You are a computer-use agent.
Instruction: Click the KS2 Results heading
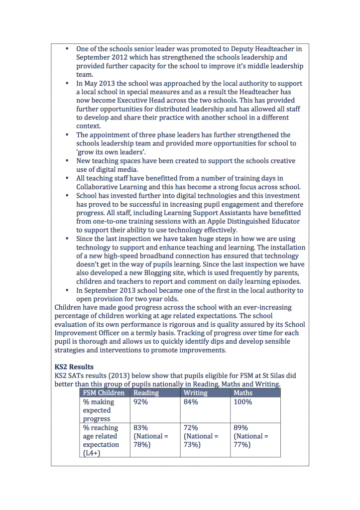coord(74,367)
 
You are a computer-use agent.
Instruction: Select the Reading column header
coord(146,393)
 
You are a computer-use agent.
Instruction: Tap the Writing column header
coord(196,393)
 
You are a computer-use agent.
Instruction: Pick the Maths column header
coord(243,393)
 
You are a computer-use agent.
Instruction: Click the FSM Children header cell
coord(104,393)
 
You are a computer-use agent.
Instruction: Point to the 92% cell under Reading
coord(140,402)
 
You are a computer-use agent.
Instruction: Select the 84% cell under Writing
coord(191,402)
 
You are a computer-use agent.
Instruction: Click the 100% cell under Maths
coord(242,402)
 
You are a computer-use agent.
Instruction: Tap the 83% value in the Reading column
coord(140,428)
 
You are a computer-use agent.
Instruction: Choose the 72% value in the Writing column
coord(191,428)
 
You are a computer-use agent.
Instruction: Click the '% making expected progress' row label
coord(99,410)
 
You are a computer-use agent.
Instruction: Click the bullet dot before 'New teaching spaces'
coord(67,161)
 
